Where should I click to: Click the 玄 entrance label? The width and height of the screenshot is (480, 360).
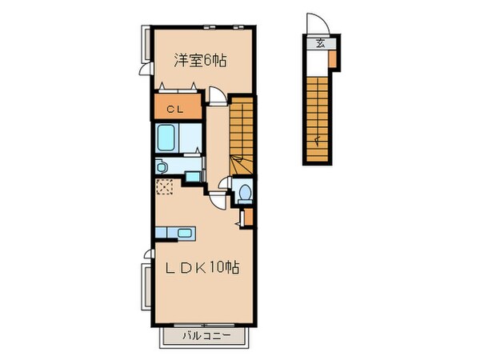tap(320, 43)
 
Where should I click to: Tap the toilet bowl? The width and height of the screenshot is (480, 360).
tap(246, 192)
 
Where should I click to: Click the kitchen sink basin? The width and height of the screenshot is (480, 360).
tap(185, 234)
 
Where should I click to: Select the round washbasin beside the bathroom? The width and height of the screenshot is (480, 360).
tap(160, 166)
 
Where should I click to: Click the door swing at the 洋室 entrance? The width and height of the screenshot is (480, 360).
tap(215, 97)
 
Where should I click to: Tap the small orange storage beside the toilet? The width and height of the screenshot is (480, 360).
tap(247, 216)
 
